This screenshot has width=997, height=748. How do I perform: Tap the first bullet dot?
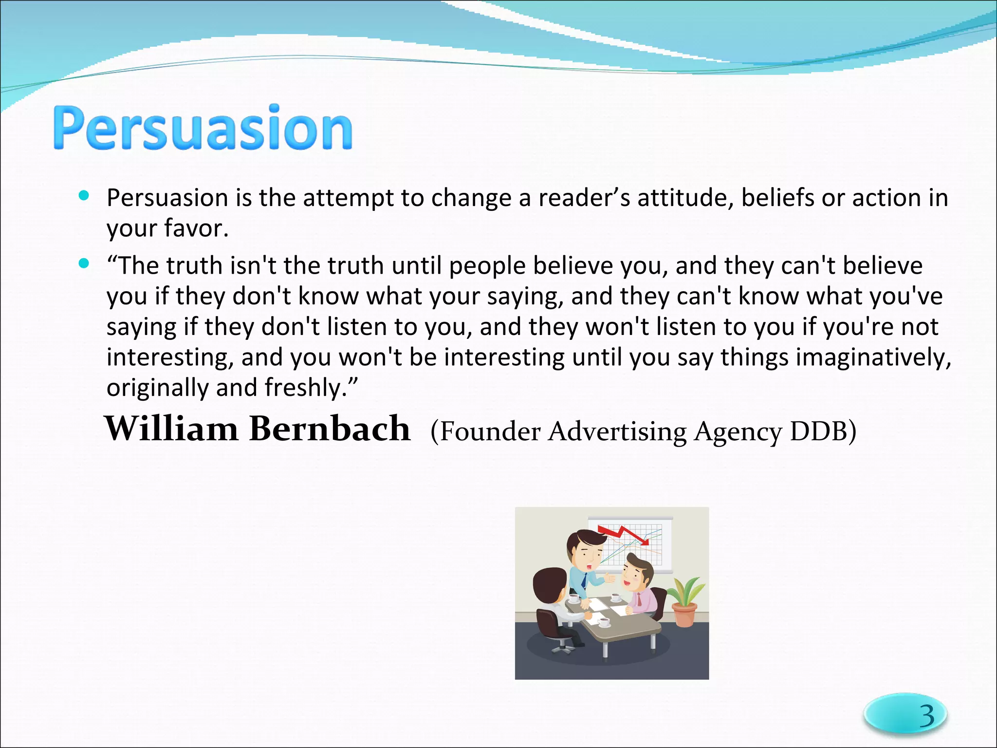[84, 196]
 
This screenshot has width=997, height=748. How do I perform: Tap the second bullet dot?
[84, 263]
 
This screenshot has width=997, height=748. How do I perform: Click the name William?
[171, 429]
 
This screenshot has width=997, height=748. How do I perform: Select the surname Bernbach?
[330, 429]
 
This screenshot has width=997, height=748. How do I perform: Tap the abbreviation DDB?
[823, 431]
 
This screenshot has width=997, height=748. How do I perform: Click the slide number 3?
[926, 715]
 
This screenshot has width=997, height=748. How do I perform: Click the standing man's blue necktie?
[584, 580]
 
